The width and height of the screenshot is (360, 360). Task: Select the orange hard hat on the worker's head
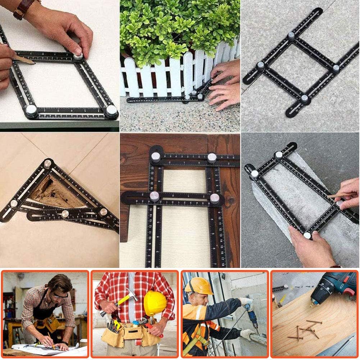(199, 286)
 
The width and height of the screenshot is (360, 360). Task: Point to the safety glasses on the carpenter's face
(60, 296)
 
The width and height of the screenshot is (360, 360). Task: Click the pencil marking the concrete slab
(340, 196)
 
